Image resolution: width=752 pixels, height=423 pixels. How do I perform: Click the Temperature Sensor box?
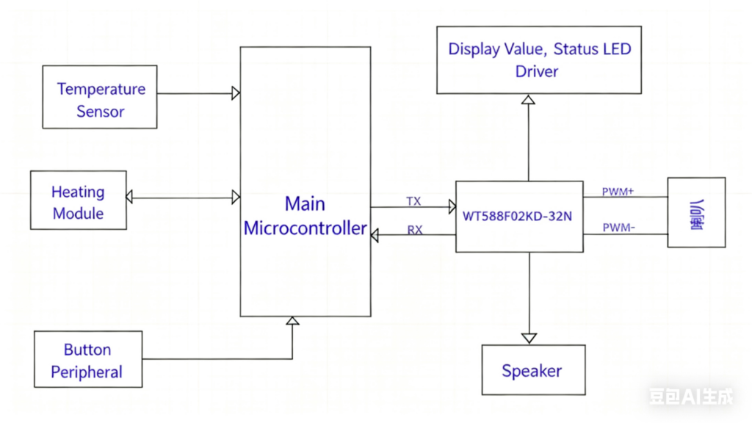(100, 97)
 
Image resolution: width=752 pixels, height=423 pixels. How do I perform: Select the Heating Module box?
(78, 200)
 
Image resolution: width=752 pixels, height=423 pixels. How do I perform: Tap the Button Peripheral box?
(87, 359)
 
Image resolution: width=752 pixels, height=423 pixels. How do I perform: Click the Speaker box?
(532, 370)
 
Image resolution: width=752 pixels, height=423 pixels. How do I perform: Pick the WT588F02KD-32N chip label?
(517, 217)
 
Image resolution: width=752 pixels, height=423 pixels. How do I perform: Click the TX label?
(413, 200)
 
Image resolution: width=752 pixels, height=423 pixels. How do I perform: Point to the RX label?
(415, 230)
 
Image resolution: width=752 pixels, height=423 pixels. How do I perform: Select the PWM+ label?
(618, 192)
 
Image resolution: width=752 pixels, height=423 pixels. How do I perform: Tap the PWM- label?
(618, 228)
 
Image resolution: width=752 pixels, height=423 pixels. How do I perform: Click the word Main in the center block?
(305, 203)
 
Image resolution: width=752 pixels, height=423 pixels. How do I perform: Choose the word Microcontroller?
(305, 228)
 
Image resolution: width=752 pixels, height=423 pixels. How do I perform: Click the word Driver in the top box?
(537, 71)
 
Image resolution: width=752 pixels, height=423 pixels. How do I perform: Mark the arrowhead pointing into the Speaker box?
(528, 338)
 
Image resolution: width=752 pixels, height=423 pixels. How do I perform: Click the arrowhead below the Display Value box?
(528, 99)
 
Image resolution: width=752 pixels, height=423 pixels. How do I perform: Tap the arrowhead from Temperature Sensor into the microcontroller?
(236, 93)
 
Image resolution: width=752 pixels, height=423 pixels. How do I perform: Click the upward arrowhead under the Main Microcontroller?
(292, 321)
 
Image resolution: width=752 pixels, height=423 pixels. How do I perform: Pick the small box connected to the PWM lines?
(695, 212)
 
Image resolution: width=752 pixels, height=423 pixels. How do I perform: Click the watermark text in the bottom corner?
(690, 397)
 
